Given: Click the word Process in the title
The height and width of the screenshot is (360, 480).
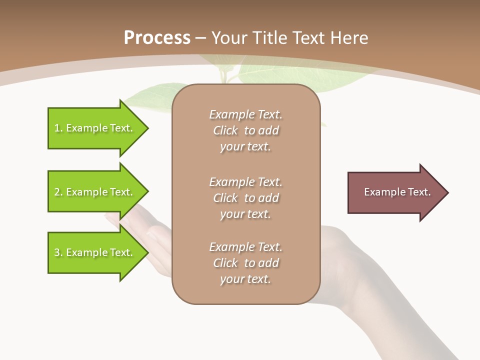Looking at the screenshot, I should tap(157, 38).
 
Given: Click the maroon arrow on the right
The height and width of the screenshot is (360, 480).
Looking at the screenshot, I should tap(395, 192).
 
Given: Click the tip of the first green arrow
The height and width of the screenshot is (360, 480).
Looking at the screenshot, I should tap(147, 128).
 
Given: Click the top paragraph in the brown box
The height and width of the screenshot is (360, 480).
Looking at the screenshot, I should tap(245, 130).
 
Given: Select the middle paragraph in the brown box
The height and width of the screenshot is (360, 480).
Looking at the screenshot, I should tap(245, 198).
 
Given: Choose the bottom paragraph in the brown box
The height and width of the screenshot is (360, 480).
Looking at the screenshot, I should tap(245, 263).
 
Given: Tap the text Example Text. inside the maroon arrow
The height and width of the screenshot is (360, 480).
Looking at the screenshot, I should tap(397, 192).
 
